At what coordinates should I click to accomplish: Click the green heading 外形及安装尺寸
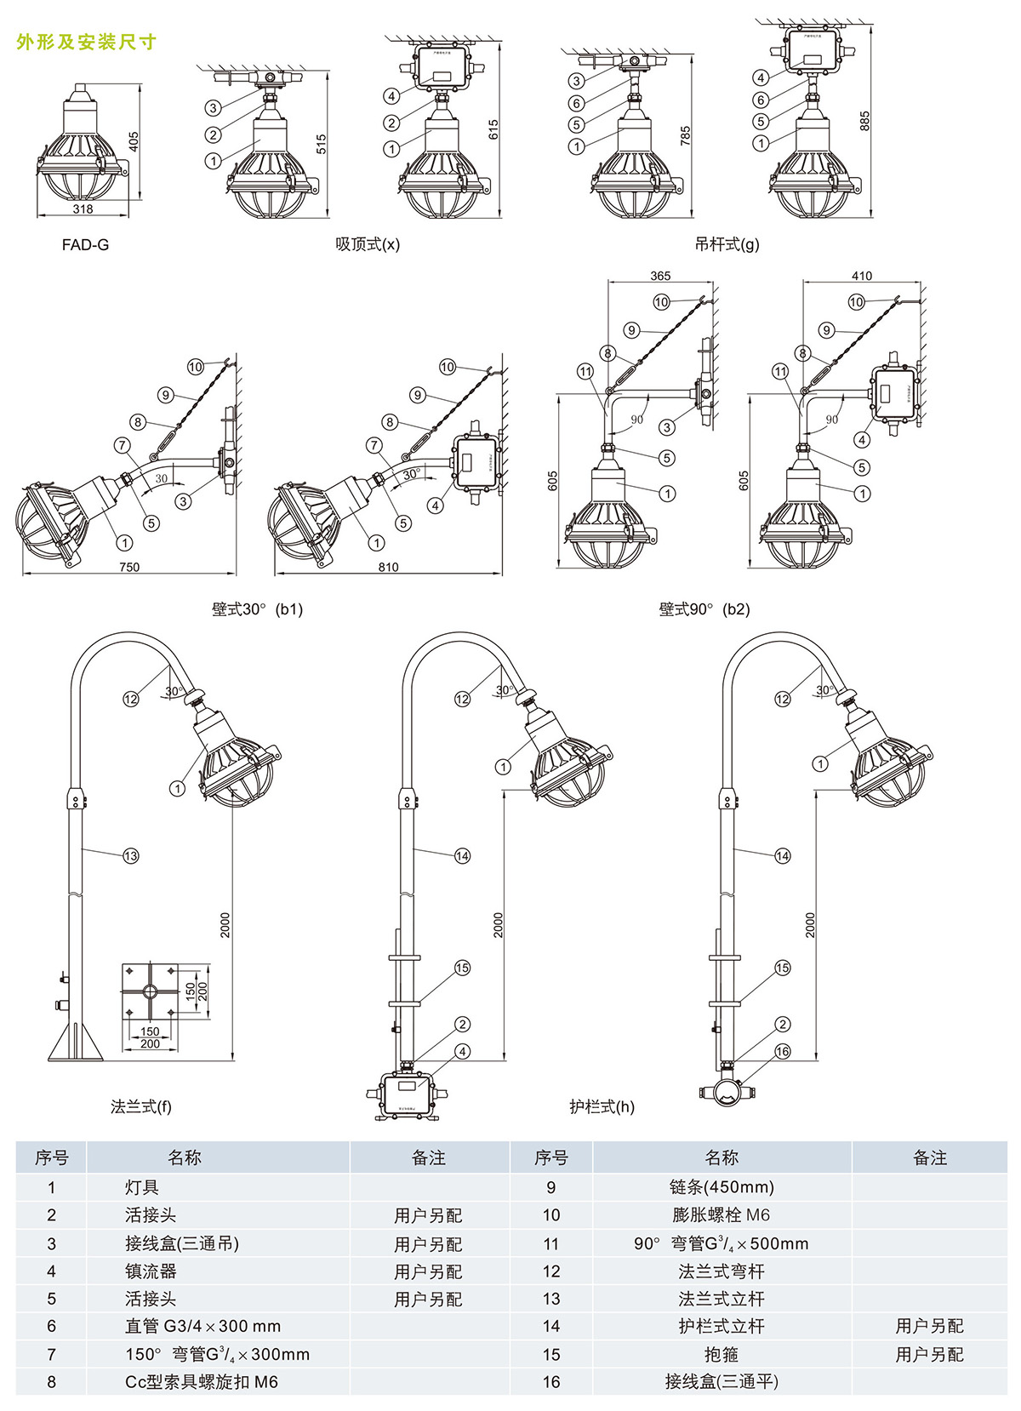[x=86, y=42]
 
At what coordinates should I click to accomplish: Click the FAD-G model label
[x=85, y=245]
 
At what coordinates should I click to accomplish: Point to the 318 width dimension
[x=83, y=209]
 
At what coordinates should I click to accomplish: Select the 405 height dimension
[x=134, y=141]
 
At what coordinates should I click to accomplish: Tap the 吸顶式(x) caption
[x=367, y=245]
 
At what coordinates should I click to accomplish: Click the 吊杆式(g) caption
[x=726, y=245]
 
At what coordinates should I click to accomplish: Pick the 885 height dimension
[x=864, y=121]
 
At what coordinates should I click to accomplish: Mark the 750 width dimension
[x=129, y=568]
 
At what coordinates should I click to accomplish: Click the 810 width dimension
[x=388, y=568]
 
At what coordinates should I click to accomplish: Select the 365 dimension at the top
[x=660, y=276]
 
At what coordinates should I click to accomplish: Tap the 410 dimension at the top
[x=861, y=276]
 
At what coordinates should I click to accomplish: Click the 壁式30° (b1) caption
[x=257, y=609]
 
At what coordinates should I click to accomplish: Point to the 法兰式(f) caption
[x=141, y=1107]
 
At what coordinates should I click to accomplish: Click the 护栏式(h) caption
[x=602, y=1107]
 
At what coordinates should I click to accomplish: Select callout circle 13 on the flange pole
[x=130, y=856]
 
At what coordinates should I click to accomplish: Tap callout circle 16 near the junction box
[x=783, y=1052]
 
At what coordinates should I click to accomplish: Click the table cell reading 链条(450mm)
[x=722, y=1187]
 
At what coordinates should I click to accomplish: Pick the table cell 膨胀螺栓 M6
[x=722, y=1215]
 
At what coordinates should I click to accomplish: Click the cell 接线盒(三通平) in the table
[x=722, y=1382]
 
